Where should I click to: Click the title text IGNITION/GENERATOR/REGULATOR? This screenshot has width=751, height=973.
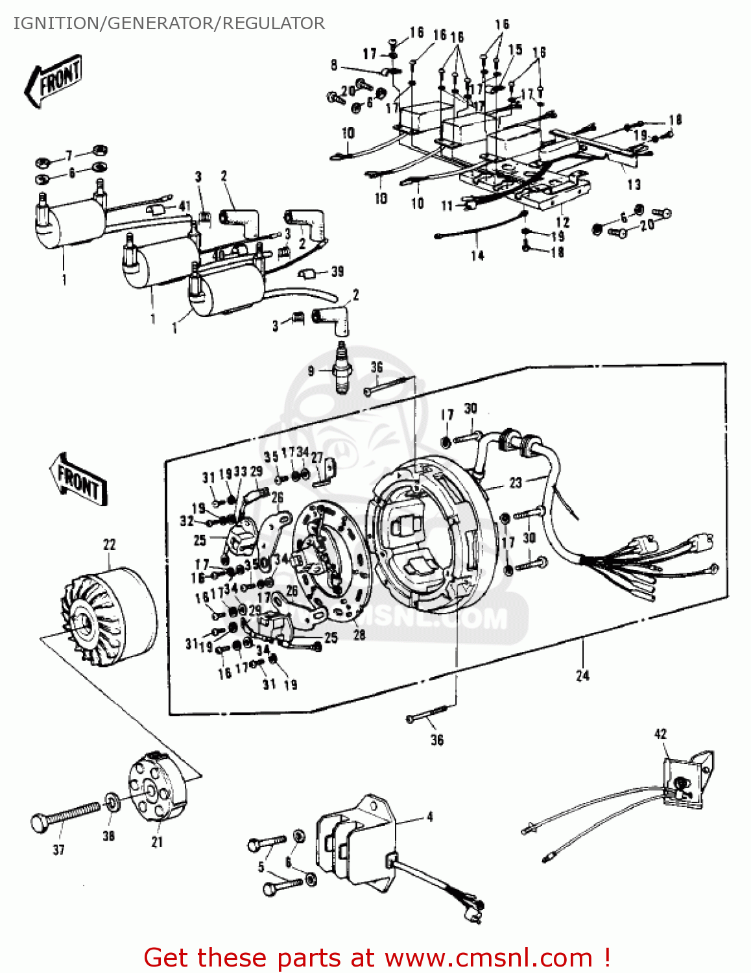click(169, 23)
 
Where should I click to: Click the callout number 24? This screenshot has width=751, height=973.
click(582, 675)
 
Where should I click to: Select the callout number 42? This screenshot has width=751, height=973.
click(660, 734)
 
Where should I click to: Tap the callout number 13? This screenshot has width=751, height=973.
click(634, 184)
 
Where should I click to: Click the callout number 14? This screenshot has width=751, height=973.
click(477, 255)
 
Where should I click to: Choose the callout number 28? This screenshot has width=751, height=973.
click(359, 634)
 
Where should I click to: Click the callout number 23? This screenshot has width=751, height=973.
click(515, 483)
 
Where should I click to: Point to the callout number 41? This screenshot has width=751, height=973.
click(185, 206)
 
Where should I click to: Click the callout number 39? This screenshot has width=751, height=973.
click(337, 271)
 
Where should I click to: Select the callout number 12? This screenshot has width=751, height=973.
click(562, 222)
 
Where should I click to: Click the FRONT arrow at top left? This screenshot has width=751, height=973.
click(54, 81)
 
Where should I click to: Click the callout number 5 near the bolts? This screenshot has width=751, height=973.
click(261, 867)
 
